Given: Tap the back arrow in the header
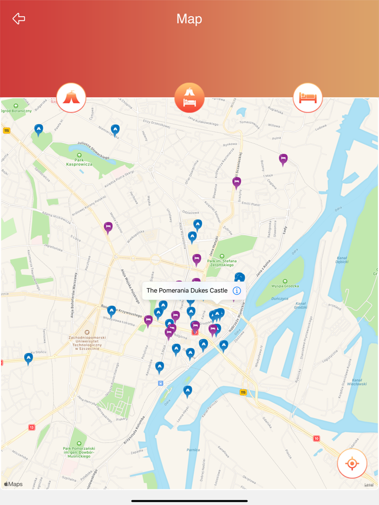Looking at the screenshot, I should point(19,19).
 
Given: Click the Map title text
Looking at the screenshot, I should point(189,19).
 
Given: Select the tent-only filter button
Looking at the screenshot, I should point(71,98).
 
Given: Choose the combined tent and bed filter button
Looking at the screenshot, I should point(190,98).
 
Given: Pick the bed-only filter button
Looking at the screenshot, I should point(308,98).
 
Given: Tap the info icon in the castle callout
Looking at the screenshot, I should point(237,291).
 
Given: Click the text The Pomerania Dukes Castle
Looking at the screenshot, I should point(187,291).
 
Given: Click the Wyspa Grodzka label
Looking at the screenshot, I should point(285,285).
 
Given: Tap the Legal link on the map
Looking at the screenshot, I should point(369,484).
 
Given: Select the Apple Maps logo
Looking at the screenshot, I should point(14,484).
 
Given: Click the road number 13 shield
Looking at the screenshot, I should point(32,427).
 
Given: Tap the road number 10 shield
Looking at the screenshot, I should point(317,438).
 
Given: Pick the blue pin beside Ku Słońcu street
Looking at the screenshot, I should point(29,357).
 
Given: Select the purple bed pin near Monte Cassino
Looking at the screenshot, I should point(108,227).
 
